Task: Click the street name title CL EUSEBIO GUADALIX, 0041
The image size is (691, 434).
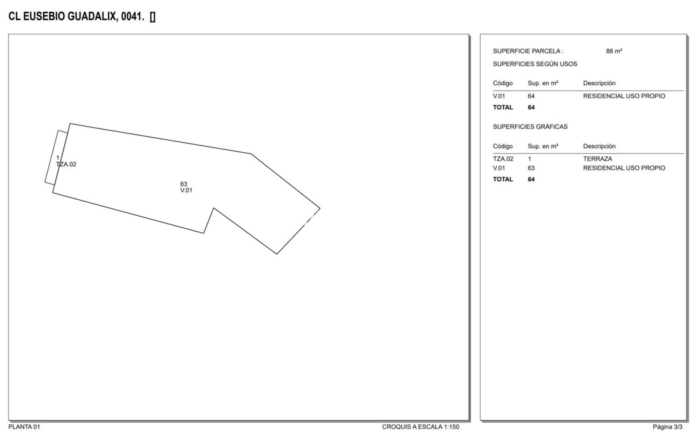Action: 76,16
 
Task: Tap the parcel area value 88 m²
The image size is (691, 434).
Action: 614,51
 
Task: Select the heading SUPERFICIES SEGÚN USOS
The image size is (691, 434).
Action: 535,64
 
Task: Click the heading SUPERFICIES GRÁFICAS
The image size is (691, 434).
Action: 530,127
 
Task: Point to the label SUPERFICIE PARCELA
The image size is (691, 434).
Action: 528,51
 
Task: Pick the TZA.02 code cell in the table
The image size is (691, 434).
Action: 503,159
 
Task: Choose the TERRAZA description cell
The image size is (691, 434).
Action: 598,159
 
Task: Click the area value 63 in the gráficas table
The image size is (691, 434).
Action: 531,168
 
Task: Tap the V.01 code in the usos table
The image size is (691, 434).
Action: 499,96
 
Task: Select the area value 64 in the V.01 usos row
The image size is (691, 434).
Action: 531,96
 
